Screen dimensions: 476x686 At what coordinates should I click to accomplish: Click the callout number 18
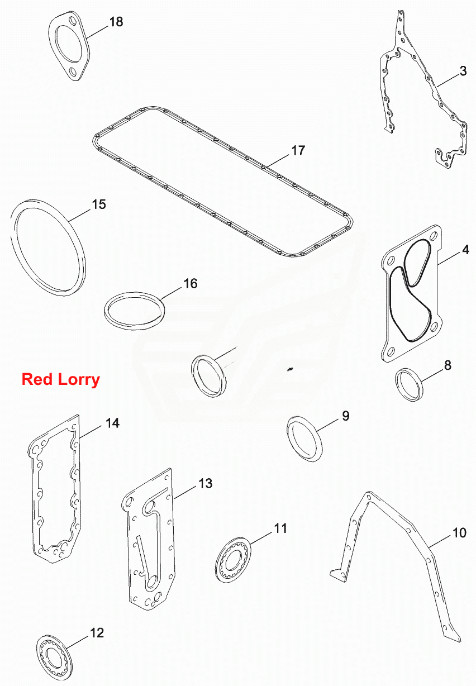pos(116,22)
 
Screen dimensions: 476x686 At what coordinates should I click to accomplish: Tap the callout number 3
pos(463,71)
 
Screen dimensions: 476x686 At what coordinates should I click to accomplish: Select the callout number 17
pos(298,150)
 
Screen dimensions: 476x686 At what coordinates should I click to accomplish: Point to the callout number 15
pos(99,204)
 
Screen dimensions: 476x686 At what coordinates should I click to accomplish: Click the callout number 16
pos(191,284)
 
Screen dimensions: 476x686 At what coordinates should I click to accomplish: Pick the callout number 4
pos(465,250)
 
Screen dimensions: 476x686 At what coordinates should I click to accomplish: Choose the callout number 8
pos(448,365)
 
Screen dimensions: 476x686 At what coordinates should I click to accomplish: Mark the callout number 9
pos(345,416)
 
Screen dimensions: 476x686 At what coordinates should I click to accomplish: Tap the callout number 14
pos(112,423)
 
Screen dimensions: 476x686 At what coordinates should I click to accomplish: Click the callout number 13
pos(206,484)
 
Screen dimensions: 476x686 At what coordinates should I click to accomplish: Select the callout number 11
pos(280,528)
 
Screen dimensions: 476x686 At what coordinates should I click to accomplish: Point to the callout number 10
pos(459,533)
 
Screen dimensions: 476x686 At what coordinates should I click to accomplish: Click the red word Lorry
pos(79,380)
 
